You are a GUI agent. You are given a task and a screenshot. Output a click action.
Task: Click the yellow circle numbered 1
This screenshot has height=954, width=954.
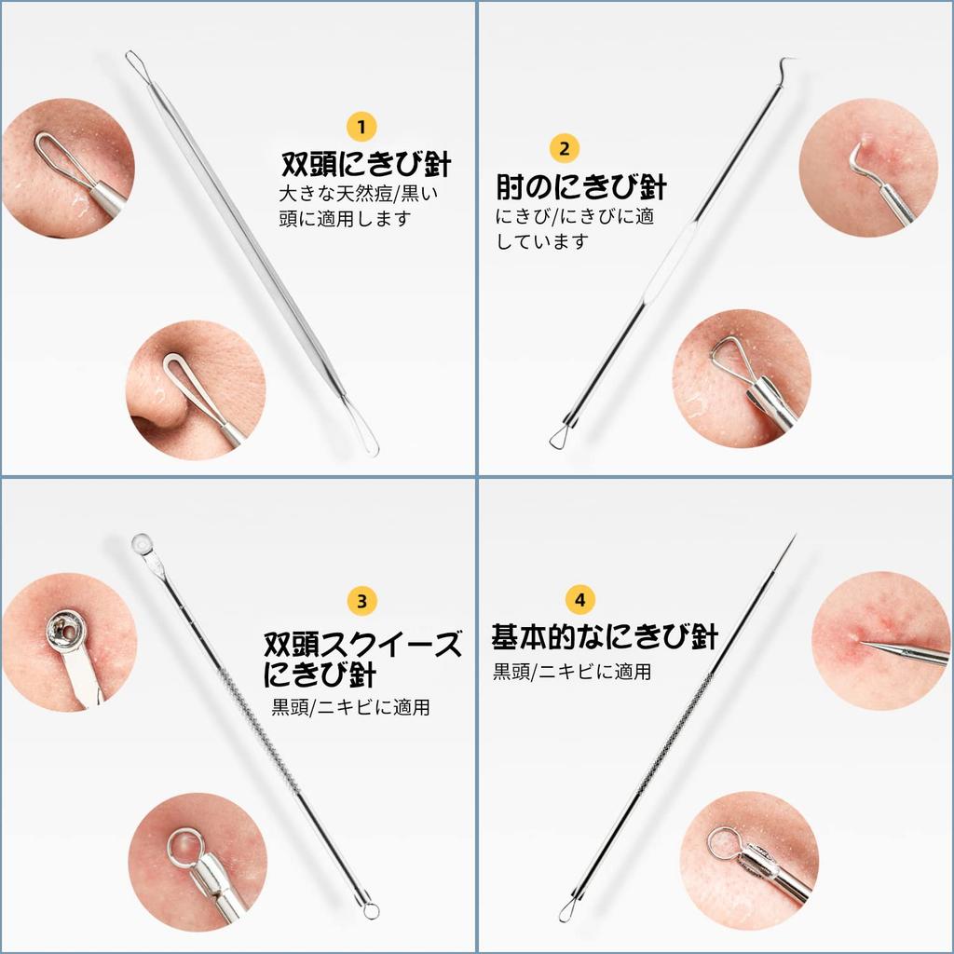[361, 126]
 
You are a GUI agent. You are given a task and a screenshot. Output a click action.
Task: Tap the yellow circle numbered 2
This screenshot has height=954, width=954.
[565, 148]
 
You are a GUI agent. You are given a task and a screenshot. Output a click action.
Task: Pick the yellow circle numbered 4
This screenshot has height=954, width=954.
[579, 599]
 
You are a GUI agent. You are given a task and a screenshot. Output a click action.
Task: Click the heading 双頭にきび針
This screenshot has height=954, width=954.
[366, 165]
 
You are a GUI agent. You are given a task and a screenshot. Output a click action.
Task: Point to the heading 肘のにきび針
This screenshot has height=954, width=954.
[581, 187]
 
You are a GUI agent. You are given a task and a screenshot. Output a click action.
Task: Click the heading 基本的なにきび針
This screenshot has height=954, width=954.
[605, 638]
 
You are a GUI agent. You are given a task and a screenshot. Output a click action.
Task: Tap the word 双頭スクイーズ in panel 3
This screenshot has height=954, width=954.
[362, 644]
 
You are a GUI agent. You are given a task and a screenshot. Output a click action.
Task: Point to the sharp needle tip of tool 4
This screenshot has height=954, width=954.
[793, 538]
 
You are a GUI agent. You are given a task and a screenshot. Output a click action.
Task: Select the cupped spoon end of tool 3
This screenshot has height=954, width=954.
[143, 543]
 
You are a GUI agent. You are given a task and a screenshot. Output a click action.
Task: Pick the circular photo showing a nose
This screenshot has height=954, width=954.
[195, 390]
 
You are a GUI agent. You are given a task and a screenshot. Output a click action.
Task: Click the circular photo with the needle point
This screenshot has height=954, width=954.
[880, 641]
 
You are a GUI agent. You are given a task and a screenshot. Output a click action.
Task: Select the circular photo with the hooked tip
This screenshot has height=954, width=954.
[867, 168]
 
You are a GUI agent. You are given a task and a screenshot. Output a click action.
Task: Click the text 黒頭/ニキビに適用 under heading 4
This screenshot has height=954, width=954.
[572, 672]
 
